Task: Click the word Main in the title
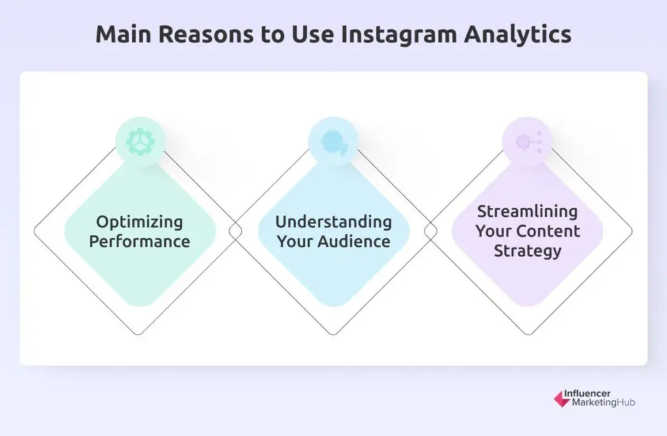(123, 34)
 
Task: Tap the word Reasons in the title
(206, 34)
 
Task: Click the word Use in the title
(312, 34)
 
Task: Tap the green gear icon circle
(141, 141)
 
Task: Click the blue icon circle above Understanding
(333, 141)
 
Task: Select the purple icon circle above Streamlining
(528, 141)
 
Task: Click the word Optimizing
(139, 223)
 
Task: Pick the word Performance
(139, 241)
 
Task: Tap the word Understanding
(333, 222)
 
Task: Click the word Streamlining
(528, 211)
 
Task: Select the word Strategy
(528, 251)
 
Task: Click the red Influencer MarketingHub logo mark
(562, 399)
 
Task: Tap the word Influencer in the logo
(587, 393)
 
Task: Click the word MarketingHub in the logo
(603, 402)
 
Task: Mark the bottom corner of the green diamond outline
(139, 335)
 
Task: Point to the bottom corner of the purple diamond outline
(528, 335)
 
